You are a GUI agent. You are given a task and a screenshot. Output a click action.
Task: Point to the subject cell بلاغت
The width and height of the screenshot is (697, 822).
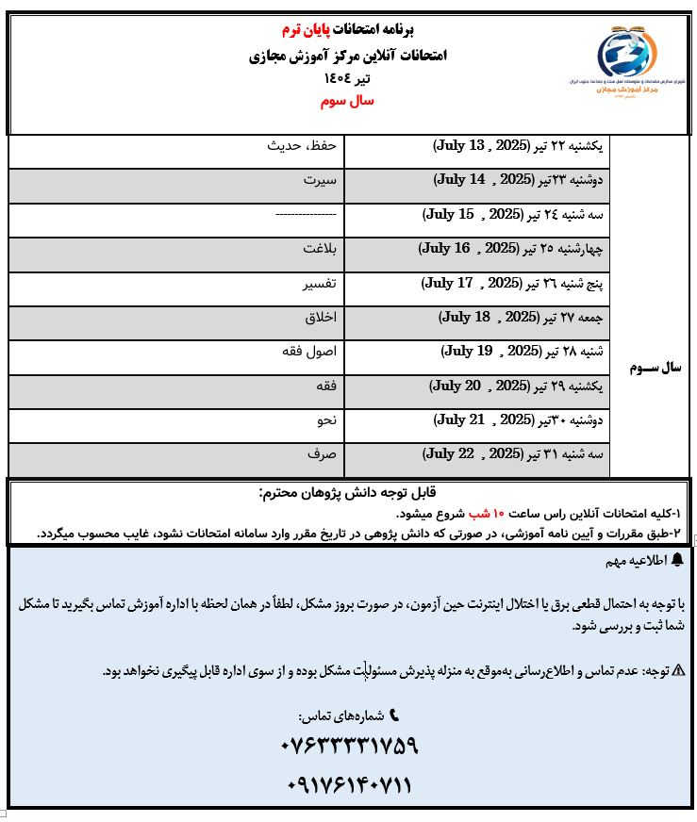pyautogui.click(x=320, y=250)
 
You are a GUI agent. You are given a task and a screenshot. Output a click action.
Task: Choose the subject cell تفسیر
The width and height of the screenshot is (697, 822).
pyautogui.click(x=319, y=283)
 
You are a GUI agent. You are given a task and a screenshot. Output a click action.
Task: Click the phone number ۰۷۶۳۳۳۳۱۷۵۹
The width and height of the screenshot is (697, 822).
pyautogui.click(x=349, y=747)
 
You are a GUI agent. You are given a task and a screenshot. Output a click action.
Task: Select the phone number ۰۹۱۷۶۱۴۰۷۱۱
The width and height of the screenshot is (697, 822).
pyautogui.click(x=348, y=785)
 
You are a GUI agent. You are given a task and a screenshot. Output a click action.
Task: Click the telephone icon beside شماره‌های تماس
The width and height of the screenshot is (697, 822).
pyautogui.click(x=394, y=715)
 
